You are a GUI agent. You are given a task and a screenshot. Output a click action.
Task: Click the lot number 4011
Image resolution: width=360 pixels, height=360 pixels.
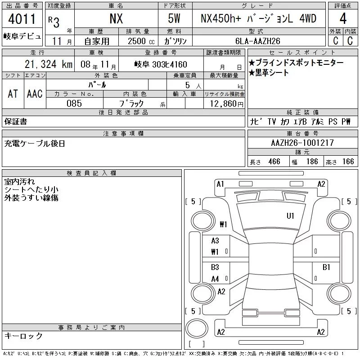(22, 19)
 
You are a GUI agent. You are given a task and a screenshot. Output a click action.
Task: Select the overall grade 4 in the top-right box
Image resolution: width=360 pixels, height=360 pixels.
(343, 18)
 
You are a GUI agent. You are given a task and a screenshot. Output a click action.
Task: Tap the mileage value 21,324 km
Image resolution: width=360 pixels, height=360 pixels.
(49, 64)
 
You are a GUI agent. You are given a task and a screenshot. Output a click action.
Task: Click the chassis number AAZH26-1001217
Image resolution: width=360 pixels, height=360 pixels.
(302, 143)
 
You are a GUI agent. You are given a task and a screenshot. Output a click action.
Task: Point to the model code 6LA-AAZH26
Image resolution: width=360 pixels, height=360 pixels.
(257, 41)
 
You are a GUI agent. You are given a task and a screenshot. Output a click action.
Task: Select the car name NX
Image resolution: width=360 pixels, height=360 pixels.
(116, 19)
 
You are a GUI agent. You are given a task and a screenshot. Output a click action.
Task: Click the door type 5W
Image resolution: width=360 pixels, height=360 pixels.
(174, 18)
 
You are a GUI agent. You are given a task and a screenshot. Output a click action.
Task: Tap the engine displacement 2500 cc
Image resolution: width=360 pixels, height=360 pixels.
(141, 41)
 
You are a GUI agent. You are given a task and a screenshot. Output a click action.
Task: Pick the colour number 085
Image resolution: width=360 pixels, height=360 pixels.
(74, 103)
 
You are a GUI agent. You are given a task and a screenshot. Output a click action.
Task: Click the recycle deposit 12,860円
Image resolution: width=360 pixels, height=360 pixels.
(226, 104)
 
